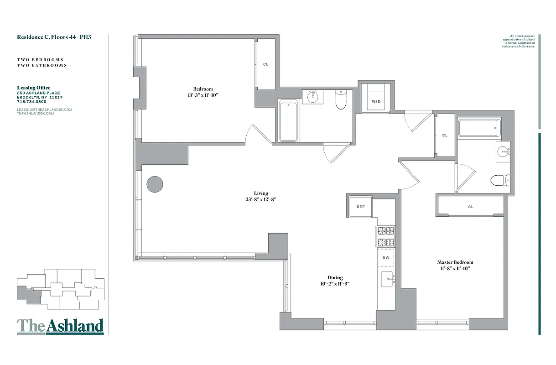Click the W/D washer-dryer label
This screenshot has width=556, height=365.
click(376, 101)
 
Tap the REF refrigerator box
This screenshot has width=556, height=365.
click(360, 207)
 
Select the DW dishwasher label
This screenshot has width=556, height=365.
click(385, 258)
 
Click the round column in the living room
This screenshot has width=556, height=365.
click(155, 184)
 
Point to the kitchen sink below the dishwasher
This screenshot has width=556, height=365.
click(387, 279)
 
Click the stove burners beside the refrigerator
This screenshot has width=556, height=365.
click(385, 236)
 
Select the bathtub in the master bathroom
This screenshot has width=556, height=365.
click(479, 128)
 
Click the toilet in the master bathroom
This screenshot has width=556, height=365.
click(498, 181)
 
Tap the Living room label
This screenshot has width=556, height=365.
click(261, 193)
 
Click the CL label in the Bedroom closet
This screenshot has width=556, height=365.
click(265, 64)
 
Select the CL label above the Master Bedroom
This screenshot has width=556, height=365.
click(471, 207)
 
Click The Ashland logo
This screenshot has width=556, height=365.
click(60, 326)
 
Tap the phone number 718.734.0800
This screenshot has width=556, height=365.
click(31, 102)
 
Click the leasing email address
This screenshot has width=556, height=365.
click(45, 109)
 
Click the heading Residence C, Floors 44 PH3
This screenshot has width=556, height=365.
click(54, 37)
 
